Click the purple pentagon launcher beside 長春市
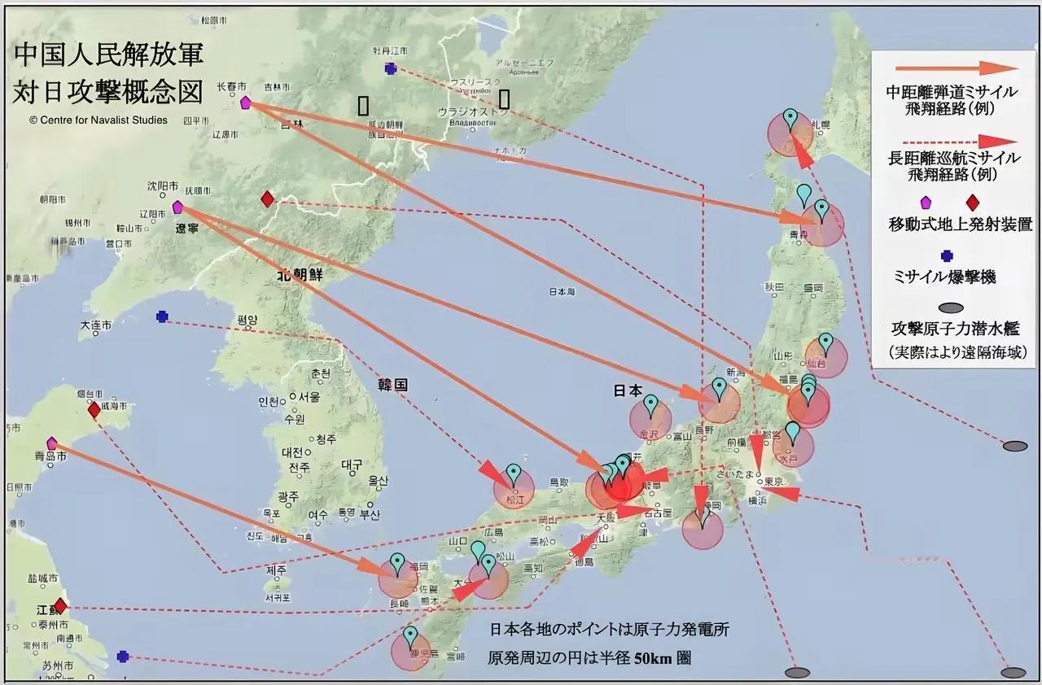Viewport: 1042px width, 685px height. coord(245,103)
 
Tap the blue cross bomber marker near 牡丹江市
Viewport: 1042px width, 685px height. coord(391,69)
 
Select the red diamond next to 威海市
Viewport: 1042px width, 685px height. coord(94,410)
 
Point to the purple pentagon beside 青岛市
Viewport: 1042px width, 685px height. coord(52,443)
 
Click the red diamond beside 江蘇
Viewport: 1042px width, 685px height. coord(59,606)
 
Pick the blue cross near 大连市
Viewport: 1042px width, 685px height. coord(162,316)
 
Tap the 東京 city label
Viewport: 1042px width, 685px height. coord(773,481)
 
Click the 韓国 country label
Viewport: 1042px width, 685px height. coord(392,385)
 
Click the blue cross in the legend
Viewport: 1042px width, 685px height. coord(946,255)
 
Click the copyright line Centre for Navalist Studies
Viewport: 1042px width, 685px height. coord(99,120)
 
